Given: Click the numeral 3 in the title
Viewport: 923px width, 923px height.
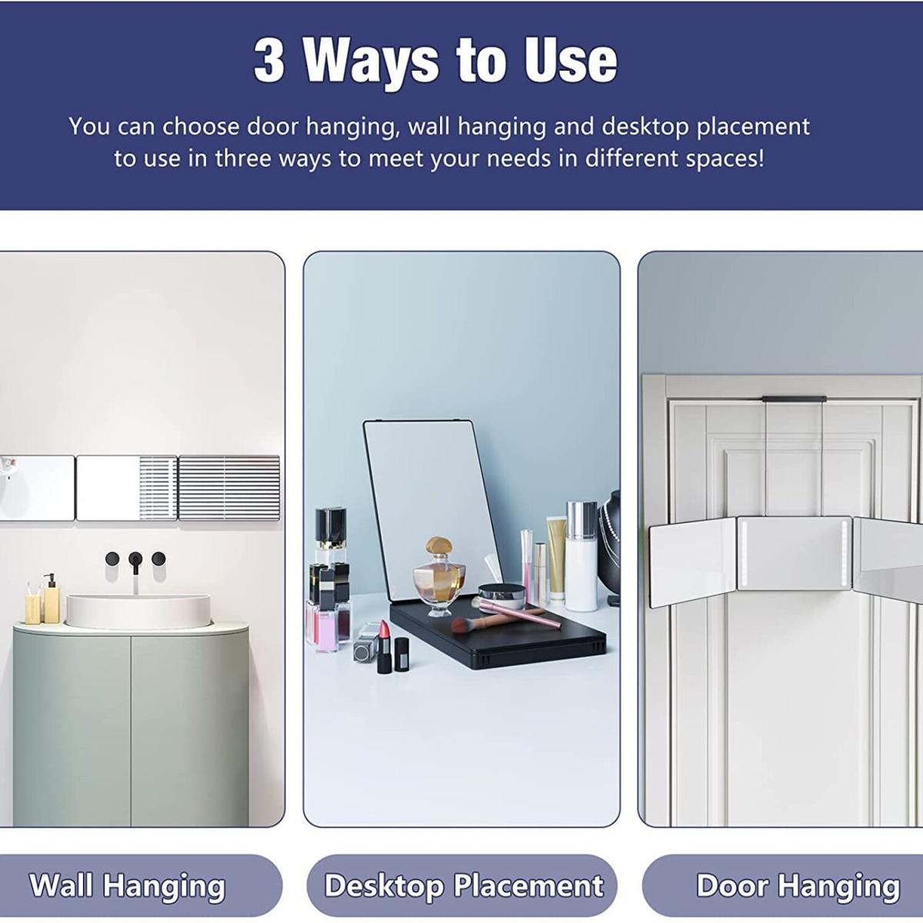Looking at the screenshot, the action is pos(270,61).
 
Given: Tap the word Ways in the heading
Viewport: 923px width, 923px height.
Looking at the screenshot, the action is pos(371,63).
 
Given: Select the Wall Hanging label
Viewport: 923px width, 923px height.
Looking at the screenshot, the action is pos(128,885).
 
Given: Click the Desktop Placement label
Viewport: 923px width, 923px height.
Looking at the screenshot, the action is pos(464,885).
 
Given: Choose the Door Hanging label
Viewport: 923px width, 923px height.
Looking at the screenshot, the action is pos(798,885).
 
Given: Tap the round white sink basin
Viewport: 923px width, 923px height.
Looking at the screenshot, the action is pos(138,611).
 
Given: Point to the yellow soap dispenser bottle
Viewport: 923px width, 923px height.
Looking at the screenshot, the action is pos(52,599).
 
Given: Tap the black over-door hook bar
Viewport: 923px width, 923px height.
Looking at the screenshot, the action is pos(795,398).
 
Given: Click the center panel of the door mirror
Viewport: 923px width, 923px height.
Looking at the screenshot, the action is pos(794,553).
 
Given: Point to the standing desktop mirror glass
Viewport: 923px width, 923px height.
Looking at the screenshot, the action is pos(431,508).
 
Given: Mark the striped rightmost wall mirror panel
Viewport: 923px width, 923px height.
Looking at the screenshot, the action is pos(229,488).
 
